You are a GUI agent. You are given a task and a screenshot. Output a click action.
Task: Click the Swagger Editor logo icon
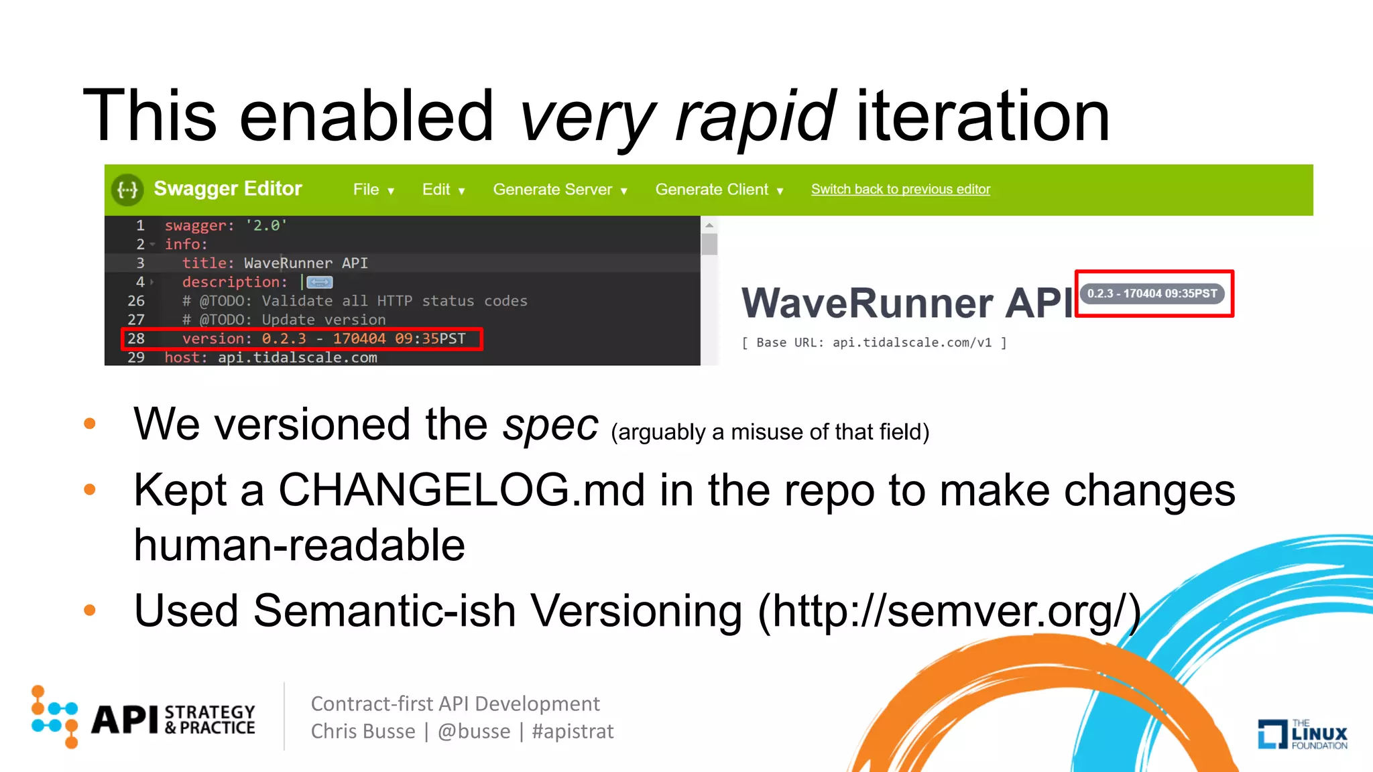127,190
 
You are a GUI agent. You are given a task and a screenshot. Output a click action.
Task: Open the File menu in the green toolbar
373,190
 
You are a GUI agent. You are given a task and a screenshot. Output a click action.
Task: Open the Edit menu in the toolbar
442,190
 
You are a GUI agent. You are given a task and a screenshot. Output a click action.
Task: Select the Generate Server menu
560,190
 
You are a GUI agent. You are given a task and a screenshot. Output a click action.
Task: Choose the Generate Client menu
719,190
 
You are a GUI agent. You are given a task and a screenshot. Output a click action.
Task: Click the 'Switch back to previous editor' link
900,190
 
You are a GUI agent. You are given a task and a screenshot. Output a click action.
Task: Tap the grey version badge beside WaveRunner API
1152,294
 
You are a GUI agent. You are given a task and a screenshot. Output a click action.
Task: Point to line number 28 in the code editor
136,338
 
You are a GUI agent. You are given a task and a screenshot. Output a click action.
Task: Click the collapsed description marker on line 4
320,282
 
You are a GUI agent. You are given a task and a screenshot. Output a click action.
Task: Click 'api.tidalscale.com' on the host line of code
297,358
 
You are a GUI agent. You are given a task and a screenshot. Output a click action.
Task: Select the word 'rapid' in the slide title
755,117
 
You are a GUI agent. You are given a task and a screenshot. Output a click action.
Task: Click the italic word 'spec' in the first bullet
550,426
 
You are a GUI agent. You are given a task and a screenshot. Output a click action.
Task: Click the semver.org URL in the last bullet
949,611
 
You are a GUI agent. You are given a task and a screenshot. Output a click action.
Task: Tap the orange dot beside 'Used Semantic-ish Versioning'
90,610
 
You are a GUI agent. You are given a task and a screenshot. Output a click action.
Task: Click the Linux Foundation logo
1302,734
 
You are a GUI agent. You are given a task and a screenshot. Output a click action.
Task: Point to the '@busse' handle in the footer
474,731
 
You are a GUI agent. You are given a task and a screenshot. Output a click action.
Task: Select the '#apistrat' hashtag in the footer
573,731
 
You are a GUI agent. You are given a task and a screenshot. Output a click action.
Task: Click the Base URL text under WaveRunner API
874,342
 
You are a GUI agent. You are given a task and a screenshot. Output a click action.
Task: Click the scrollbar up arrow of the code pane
709,225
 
